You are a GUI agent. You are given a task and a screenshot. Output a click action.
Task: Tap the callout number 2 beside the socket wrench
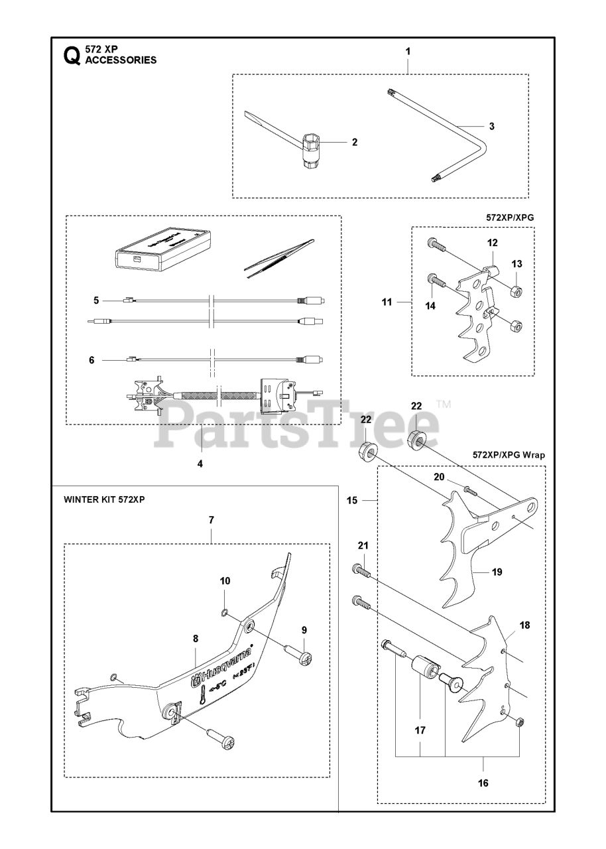point(355,142)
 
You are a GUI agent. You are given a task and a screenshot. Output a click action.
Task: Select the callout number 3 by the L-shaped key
point(491,126)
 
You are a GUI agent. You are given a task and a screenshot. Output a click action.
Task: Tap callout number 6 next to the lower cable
point(92,360)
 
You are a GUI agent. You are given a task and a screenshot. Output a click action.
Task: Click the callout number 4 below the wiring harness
point(200,464)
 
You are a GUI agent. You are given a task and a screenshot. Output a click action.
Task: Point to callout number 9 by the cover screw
point(304,629)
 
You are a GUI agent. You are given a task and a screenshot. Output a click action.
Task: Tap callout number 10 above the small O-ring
point(225,581)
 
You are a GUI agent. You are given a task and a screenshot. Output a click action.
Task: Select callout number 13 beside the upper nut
point(516,264)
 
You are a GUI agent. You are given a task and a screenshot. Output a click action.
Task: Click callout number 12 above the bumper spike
point(493,243)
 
